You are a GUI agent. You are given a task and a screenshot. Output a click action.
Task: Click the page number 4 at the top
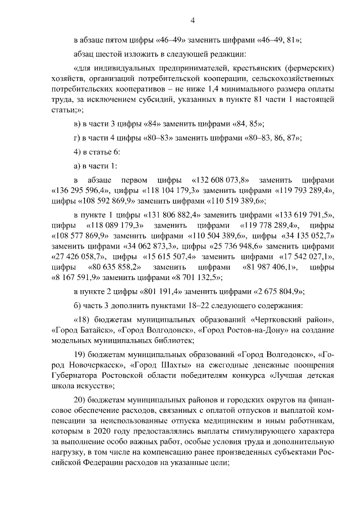[x=192, y=21]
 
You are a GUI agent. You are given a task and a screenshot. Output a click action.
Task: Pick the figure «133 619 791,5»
[x=305, y=215]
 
